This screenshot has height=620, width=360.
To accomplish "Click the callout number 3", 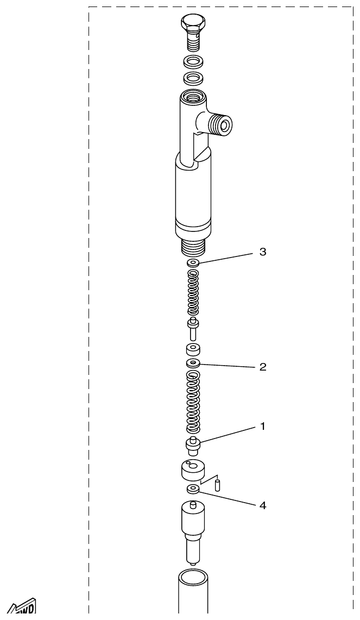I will point(263,252).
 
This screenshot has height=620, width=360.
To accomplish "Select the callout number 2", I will point(263,367).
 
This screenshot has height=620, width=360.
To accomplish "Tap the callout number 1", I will point(263,427).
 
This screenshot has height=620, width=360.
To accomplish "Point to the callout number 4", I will point(263,506).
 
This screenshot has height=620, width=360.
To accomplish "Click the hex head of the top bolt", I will point(193,23).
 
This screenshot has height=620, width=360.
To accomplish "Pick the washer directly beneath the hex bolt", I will point(193,61).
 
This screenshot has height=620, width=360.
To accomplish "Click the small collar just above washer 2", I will point(193,349).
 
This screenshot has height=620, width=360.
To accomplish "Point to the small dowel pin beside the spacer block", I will point(217,484).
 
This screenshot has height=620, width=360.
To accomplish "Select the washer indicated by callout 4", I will point(193,490).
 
